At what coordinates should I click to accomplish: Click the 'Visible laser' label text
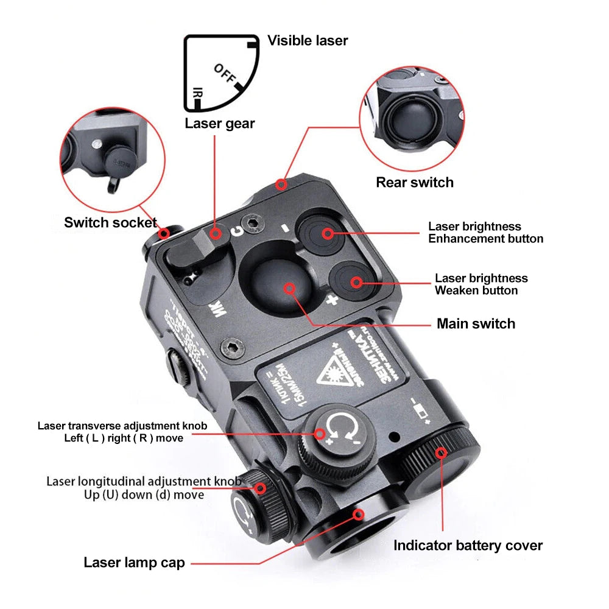[308, 41]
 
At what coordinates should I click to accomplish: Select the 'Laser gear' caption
[219, 124]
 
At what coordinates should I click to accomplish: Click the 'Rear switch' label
[414, 182]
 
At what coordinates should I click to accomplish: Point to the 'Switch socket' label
[110, 222]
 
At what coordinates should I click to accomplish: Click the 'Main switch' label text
[476, 323]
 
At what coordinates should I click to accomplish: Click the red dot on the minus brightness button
[328, 232]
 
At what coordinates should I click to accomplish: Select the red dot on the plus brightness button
[355, 281]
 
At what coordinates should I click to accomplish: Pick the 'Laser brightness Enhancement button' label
[485, 233]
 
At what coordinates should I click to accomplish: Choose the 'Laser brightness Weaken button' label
[481, 284]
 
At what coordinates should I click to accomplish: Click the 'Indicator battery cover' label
[467, 545]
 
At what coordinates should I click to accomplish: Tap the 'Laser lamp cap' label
[134, 563]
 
